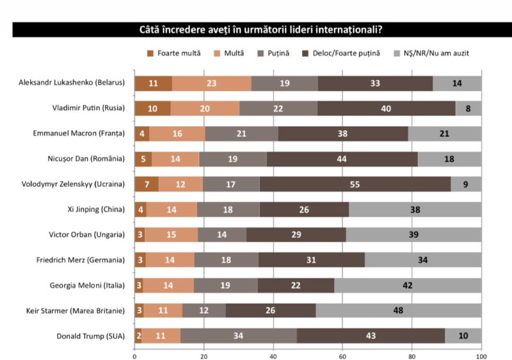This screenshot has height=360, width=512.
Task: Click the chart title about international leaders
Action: click(265, 30)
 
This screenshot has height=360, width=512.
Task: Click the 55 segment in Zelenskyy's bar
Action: click(355, 184)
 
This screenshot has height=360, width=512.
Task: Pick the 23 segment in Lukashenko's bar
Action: click(212, 83)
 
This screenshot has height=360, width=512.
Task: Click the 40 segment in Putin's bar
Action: click(386, 108)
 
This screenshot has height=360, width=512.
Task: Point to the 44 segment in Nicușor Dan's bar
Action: click(342, 159)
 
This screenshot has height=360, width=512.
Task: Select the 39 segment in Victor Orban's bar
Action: click(413, 234)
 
